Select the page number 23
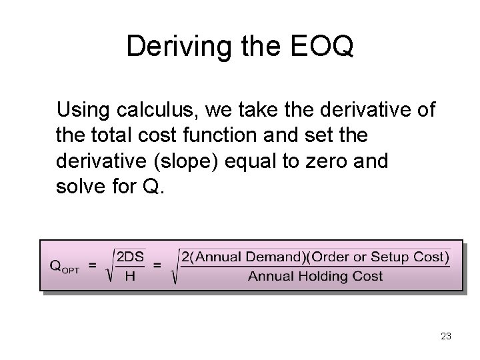click(x=445, y=337)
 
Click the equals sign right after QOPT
click(x=93, y=264)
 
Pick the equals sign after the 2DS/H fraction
click(x=158, y=264)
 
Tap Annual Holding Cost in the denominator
click(x=315, y=276)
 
